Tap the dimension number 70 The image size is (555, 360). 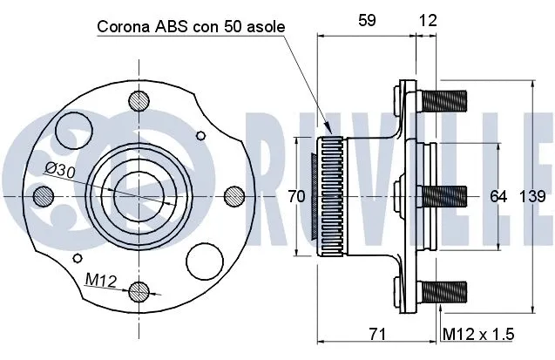(x=296, y=197)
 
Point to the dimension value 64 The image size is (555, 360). (x=498, y=197)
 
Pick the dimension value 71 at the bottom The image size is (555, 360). (x=377, y=334)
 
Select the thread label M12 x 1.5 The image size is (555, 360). (x=477, y=334)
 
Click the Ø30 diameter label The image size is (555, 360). (x=60, y=172)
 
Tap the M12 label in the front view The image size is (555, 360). (x=101, y=279)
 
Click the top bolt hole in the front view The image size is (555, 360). (x=138, y=102)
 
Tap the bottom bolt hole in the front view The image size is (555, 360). (x=138, y=291)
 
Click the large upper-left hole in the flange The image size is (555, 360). (x=73, y=135)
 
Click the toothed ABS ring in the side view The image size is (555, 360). (x=328, y=197)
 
